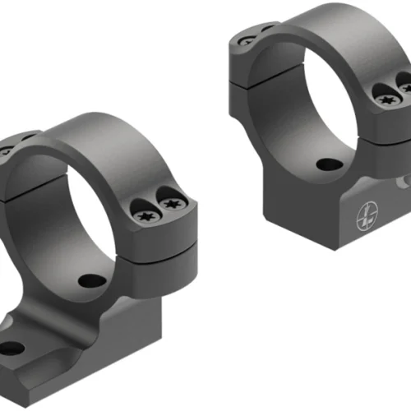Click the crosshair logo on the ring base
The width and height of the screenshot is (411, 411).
364,219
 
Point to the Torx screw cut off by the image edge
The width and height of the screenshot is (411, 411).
405,84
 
